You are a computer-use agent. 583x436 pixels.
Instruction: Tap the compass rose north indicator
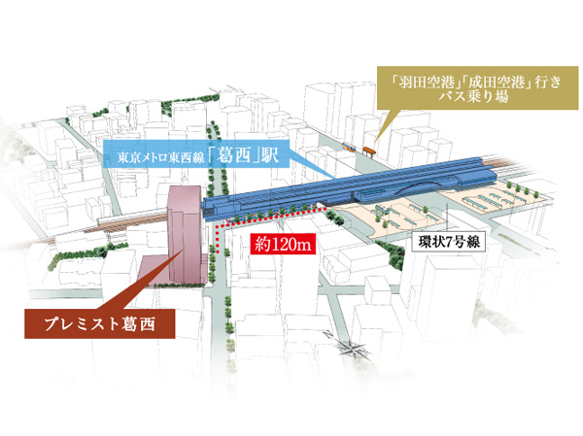(353, 352)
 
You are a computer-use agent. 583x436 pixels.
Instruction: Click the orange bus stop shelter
(368, 150)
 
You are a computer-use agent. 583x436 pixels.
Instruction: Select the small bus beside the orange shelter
(350, 148)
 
